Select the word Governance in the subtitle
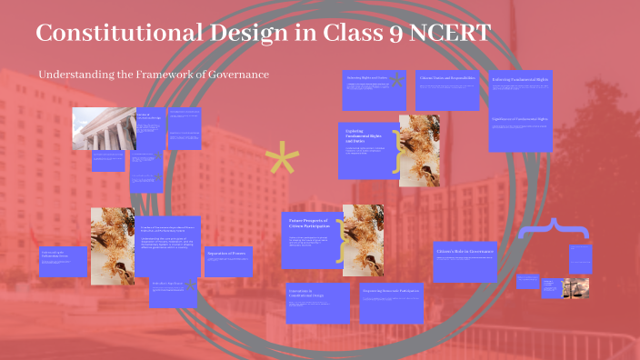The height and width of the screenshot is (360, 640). click(x=239, y=74)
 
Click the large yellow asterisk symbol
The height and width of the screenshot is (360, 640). click(x=282, y=160)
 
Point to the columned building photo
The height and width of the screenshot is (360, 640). click(x=104, y=129)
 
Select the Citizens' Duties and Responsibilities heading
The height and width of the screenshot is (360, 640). click(x=444, y=79)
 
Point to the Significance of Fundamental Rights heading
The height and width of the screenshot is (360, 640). click(x=520, y=119)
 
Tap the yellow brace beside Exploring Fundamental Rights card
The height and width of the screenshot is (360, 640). click(x=395, y=155)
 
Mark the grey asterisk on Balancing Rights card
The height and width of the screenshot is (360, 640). click(x=396, y=80)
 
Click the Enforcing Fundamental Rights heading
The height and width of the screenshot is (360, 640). click(x=520, y=80)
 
